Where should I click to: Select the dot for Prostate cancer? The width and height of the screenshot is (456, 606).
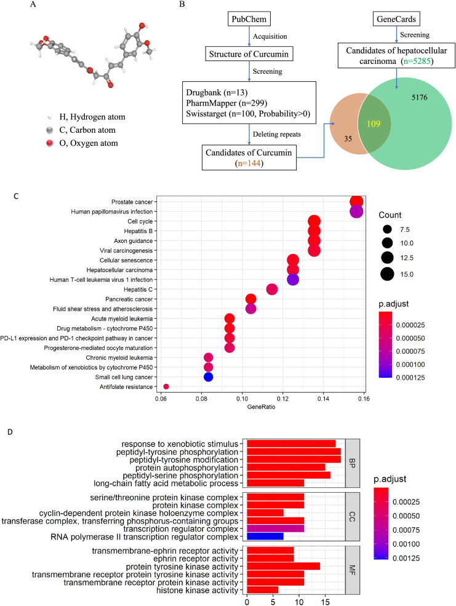(356, 202)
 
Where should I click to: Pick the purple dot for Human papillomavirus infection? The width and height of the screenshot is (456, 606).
(356, 212)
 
